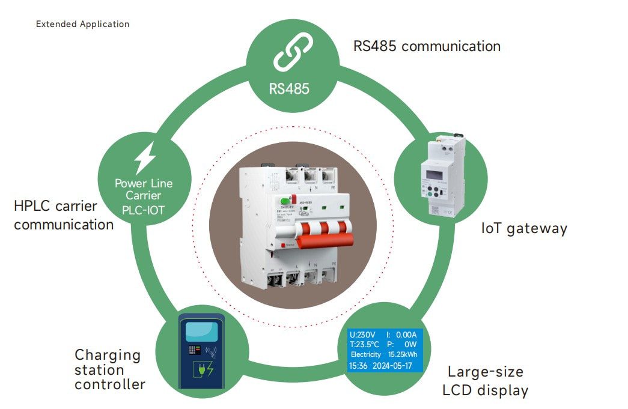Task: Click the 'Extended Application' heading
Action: point(82,25)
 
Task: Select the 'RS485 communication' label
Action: point(427,46)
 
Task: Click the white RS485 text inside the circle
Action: point(289,89)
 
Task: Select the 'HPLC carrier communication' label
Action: point(64,216)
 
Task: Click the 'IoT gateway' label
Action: point(524,228)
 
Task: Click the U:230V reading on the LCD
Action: point(362,335)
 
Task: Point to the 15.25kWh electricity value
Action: point(404,354)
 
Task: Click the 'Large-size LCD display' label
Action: point(485,381)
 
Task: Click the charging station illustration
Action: point(202,352)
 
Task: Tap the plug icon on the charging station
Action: point(203,369)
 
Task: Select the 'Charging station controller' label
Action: point(109,369)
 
